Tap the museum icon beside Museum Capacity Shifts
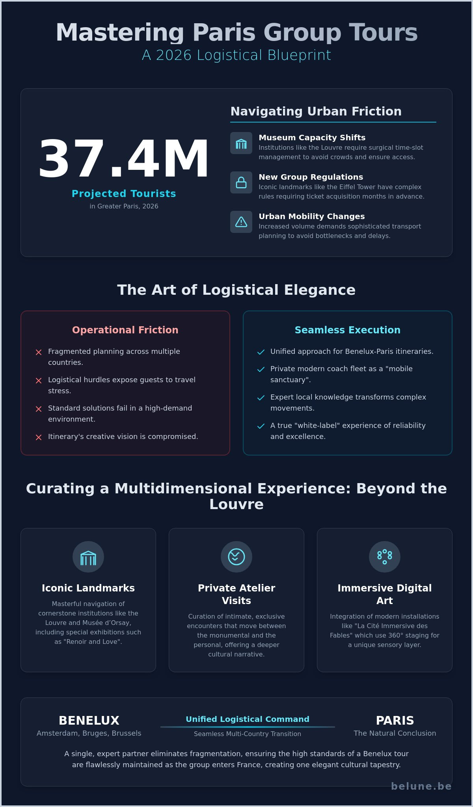click(241, 143)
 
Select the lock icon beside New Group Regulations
click(241, 182)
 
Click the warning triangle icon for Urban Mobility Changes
click(241, 222)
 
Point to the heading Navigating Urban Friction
click(316, 112)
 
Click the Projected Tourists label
click(124, 194)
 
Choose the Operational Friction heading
click(125, 330)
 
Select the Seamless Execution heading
click(348, 330)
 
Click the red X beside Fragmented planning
click(39, 352)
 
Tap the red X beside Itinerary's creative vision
click(39, 437)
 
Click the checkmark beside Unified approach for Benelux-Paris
click(261, 352)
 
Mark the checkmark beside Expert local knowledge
click(261, 398)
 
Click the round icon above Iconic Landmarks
click(88, 557)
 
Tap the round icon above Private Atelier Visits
click(236, 557)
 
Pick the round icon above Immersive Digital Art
click(385, 557)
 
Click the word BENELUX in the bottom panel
click(89, 721)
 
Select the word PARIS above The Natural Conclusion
click(395, 721)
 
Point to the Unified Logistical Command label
click(248, 719)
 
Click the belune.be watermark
click(421, 786)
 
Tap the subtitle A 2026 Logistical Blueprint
click(236, 55)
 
